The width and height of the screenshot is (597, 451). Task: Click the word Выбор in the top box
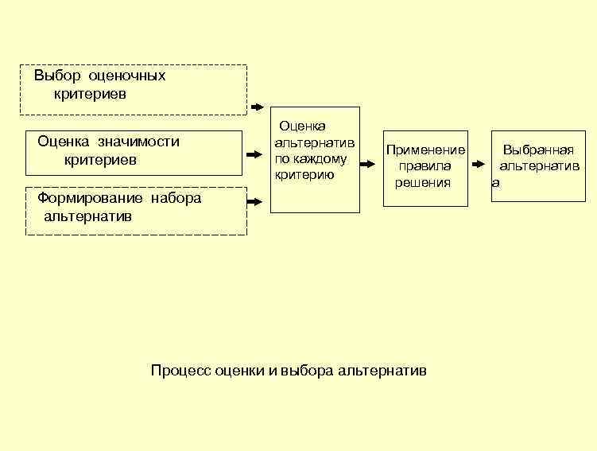tap(52, 76)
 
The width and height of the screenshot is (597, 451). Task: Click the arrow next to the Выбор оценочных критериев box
tap(258, 107)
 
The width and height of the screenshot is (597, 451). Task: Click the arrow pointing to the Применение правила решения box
tap(366, 165)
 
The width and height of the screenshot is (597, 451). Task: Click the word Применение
tap(425, 150)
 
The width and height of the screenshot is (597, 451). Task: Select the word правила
tap(425, 166)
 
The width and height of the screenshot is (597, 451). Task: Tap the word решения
tap(423, 182)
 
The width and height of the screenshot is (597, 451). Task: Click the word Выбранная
tap(538, 150)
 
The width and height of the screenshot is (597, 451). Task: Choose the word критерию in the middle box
tap(304, 174)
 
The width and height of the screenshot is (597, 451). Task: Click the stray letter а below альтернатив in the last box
tap(495, 183)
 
